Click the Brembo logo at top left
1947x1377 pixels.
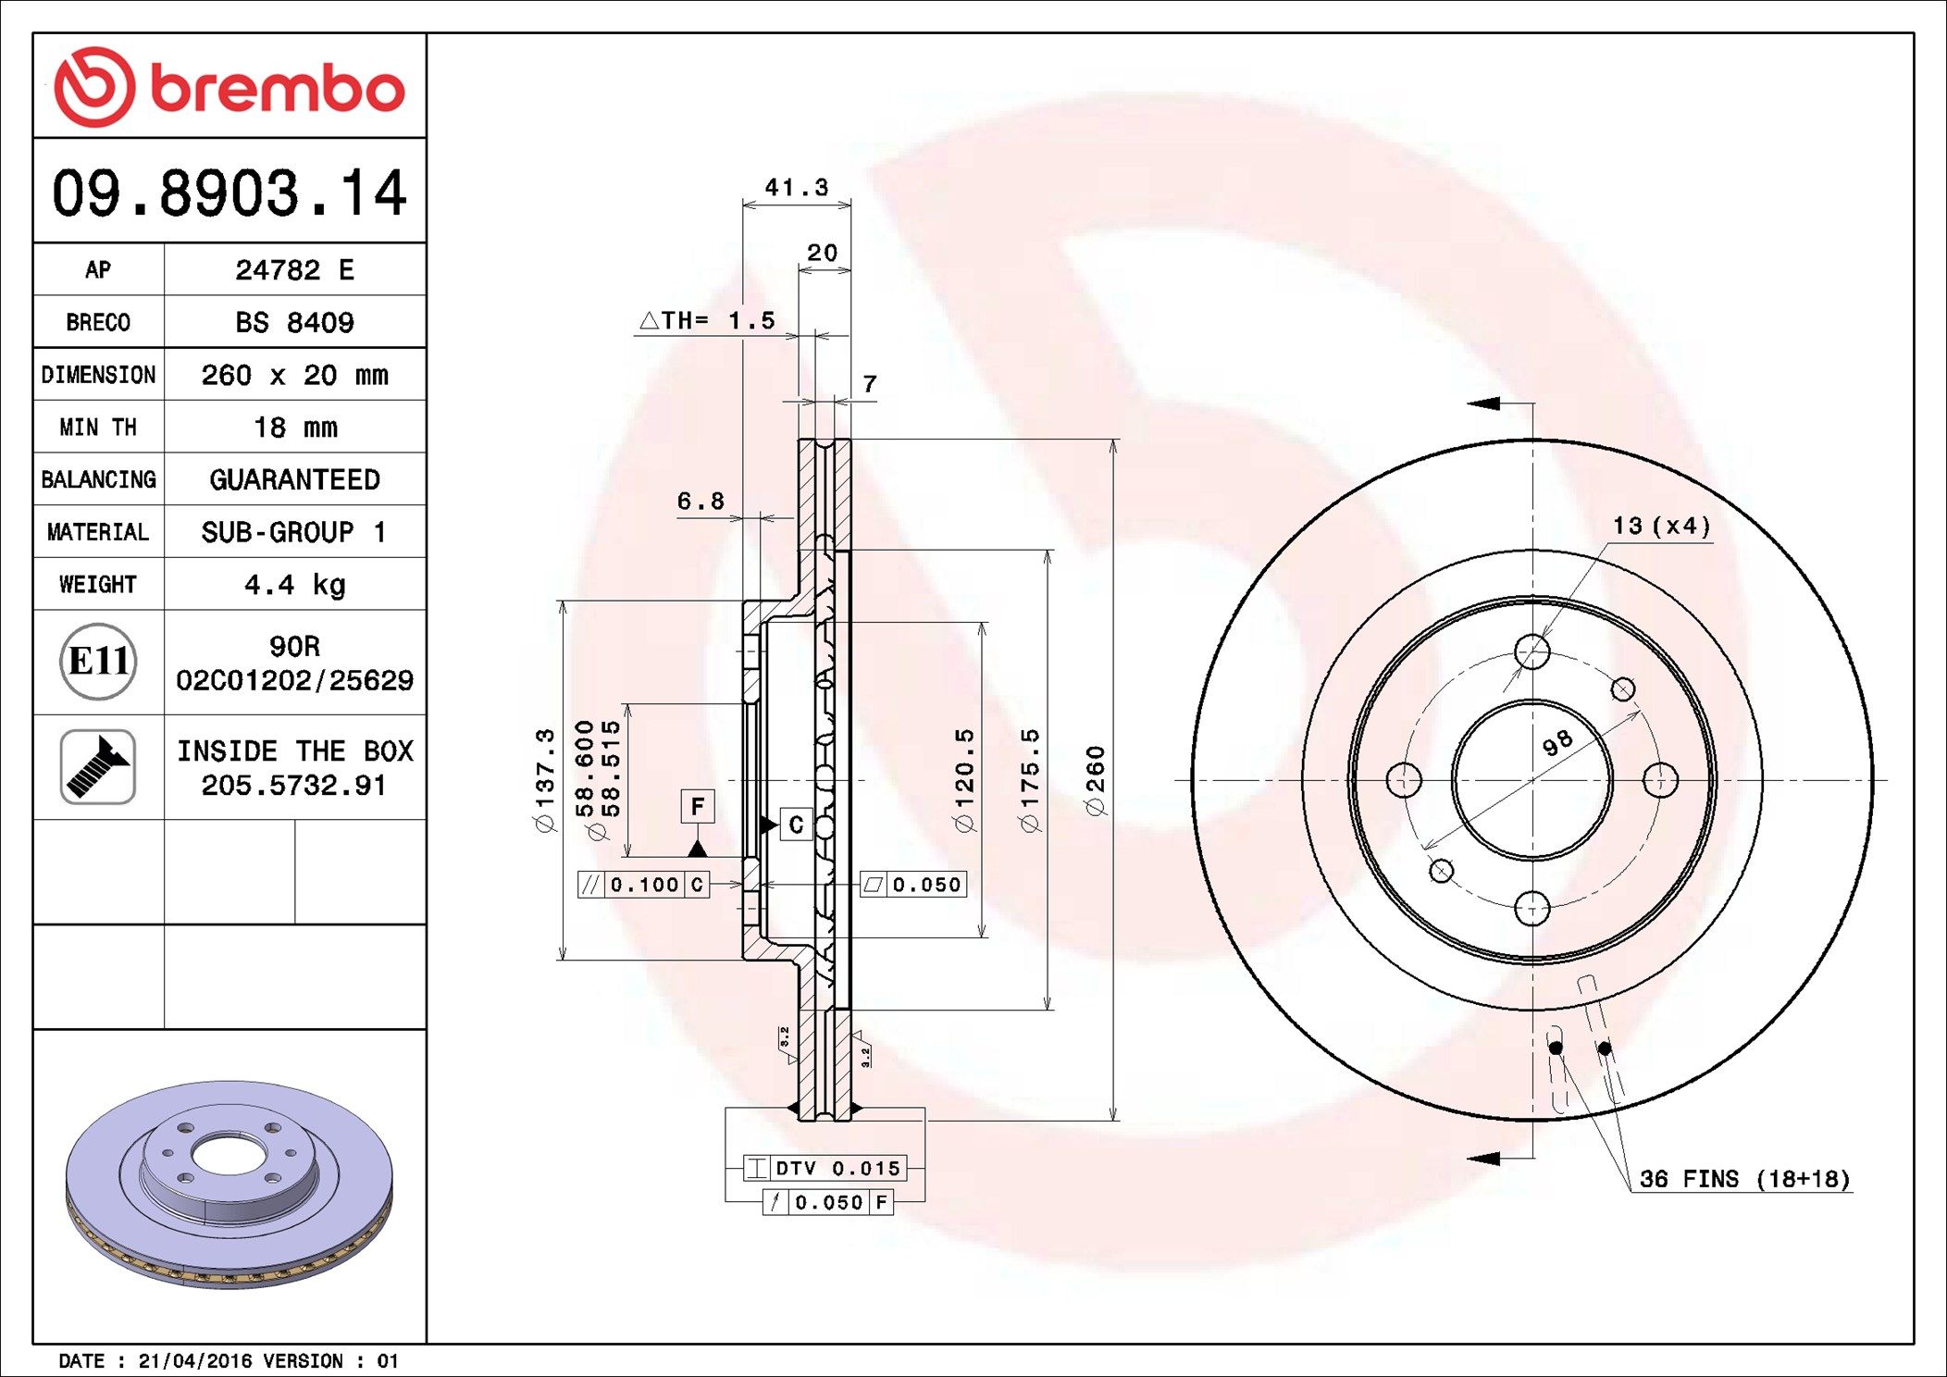click(x=229, y=87)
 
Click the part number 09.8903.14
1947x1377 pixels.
click(x=229, y=192)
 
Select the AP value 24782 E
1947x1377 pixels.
click(x=294, y=269)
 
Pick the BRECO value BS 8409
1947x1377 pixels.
click(x=294, y=322)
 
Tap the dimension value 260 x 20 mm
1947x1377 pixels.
click(x=294, y=375)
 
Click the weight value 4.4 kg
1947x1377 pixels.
click(x=294, y=585)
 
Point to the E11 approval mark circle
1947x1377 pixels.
click(x=98, y=661)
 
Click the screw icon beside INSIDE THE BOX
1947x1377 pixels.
click(x=98, y=766)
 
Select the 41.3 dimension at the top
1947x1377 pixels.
click(x=796, y=188)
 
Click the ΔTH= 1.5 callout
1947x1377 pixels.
click(x=707, y=320)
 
